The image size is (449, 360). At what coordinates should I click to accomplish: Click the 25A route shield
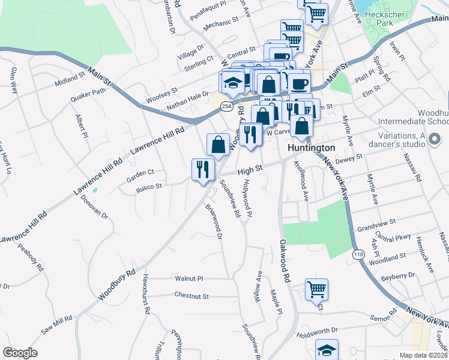(x=226, y=107)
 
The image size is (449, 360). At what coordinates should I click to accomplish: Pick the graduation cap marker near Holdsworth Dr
(x=327, y=350)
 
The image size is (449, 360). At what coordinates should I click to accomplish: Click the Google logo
(x=20, y=353)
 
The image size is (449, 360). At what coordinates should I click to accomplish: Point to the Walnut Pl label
(x=190, y=278)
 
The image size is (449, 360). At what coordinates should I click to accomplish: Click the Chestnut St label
(x=191, y=296)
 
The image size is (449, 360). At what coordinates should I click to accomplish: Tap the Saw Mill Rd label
(x=56, y=324)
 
